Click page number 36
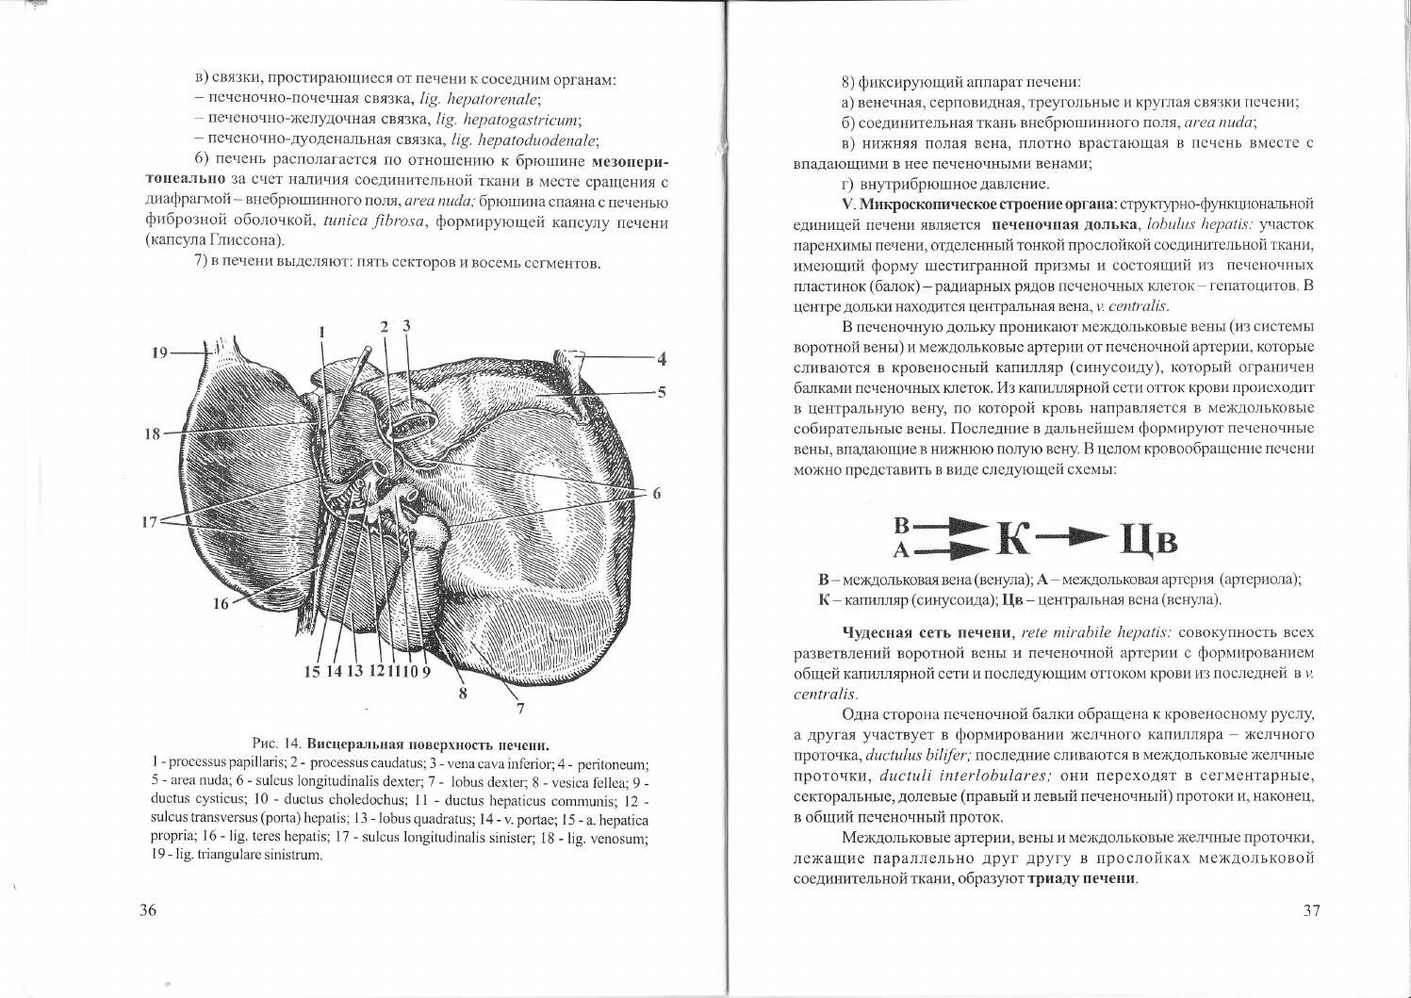pos(148,910)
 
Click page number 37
pos(1311,910)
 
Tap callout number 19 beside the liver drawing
pos(158,352)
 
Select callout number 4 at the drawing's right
pos(662,358)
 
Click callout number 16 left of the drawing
pos(221,603)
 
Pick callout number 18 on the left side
pos(153,434)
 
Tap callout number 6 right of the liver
pos(656,493)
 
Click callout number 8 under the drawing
pos(463,693)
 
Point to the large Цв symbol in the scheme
pos(1148,539)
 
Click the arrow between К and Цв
pos(1075,536)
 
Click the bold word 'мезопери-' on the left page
pos(634,160)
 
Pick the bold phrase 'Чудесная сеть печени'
pos(927,632)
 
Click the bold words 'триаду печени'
pos(1082,878)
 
